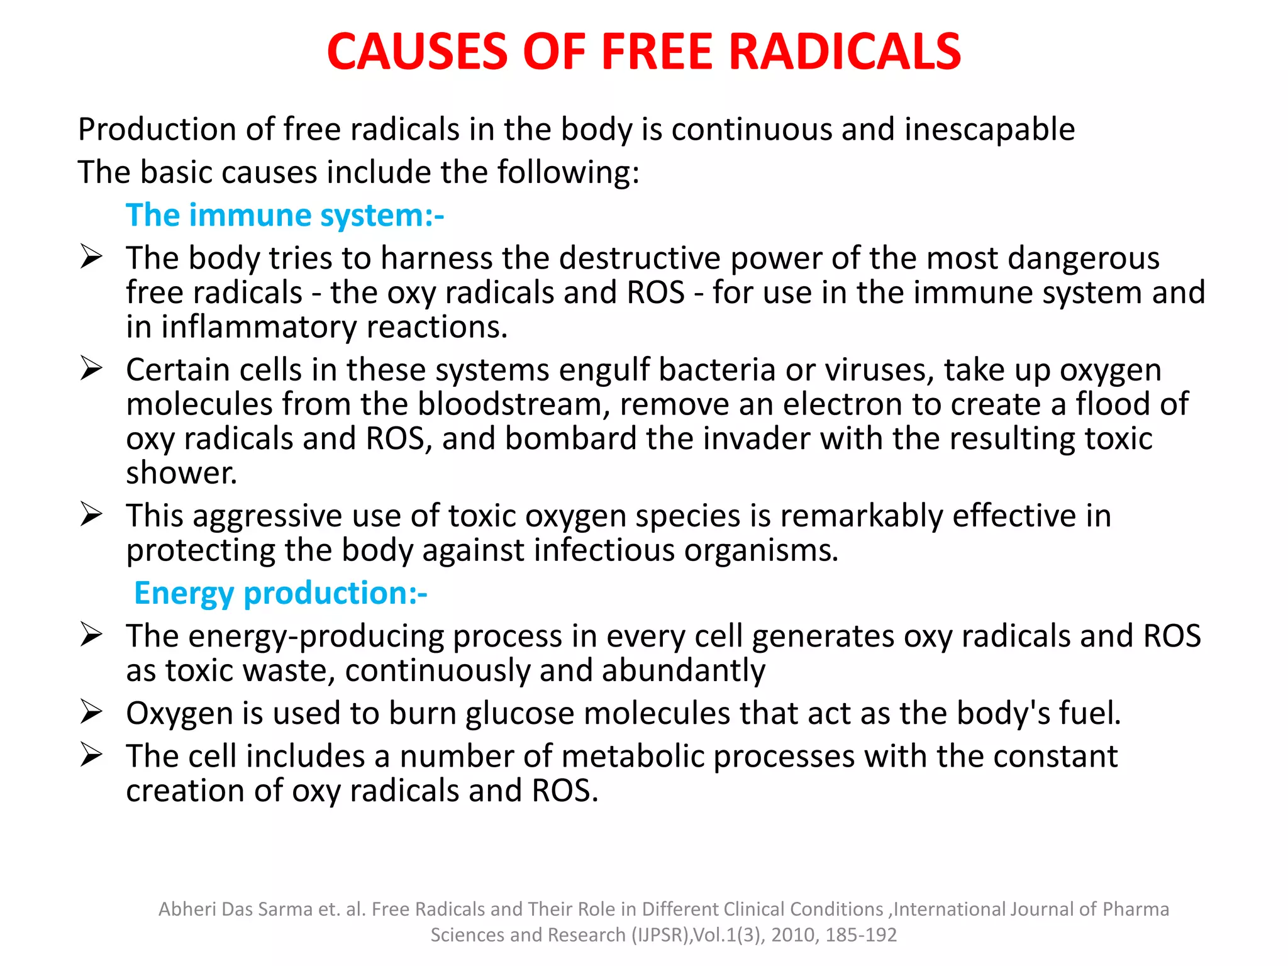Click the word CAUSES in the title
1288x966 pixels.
coord(417,52)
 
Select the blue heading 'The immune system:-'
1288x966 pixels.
coord(285,215)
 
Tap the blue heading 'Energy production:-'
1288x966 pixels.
coord(280,593)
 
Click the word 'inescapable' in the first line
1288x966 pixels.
coord(989,130)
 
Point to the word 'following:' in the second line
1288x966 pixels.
coord(568,172)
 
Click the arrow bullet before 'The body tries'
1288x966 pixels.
coord(91,257)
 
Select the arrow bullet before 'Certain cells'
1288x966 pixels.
coord(91,369)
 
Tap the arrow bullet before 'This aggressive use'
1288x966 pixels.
coord(91,514)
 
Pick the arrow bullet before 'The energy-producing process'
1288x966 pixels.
coord(91,635)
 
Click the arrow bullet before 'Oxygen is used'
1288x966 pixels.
coord(91,712)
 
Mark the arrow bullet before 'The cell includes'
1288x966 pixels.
coord(91,755)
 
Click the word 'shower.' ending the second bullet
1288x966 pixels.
coord(182,474)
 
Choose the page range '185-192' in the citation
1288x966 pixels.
coord(861,935)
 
